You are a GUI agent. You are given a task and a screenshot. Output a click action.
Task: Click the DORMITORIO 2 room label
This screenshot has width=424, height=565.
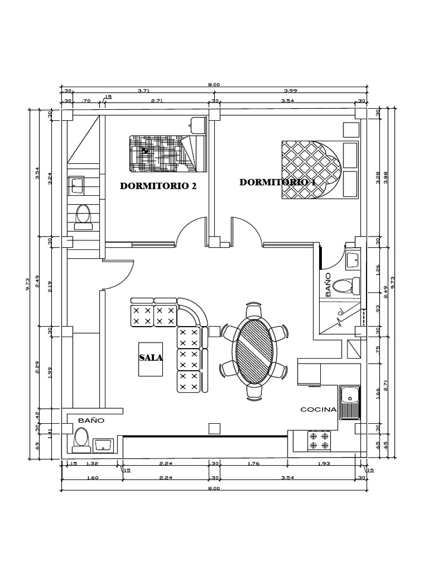click(x=158, y=186)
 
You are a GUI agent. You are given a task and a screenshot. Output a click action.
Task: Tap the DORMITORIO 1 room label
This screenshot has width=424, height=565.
click(x=277, y=182)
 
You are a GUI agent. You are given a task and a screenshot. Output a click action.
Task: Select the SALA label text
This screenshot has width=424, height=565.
click(x=151, y=358)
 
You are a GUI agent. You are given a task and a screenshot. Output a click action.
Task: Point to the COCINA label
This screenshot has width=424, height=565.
click(x=319, y=409)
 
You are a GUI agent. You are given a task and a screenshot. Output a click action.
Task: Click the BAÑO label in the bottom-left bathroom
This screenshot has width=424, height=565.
click(x=91, y=420)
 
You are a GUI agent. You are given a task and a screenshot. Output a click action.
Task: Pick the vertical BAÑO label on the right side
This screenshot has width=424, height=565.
click(x=328, y=284)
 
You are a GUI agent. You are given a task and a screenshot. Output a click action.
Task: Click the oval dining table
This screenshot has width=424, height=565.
click(x=254, y=350)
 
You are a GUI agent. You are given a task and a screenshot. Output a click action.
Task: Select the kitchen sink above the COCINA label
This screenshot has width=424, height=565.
click(x=349, y=402)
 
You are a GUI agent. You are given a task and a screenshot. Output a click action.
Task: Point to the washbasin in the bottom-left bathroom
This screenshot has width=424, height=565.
click(x=104, y=444)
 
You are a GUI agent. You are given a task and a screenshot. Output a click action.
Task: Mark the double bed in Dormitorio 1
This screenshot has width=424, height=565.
click(x=312, y=170)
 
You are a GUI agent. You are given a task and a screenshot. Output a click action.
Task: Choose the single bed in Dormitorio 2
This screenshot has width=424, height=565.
click(x=166, y=152)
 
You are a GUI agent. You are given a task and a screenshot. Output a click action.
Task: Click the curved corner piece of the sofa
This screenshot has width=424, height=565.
click(x=193, y=313)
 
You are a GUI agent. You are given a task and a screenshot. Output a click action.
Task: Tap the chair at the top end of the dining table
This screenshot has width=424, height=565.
click(x=254, y=311)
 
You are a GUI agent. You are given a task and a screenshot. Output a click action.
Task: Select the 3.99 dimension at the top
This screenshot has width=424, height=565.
click(x=290, y=90)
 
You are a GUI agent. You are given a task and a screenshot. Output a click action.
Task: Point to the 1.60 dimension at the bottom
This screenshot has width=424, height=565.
click(x=92, y=478)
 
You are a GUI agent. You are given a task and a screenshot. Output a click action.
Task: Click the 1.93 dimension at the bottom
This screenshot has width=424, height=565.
click(x=324, y=463)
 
